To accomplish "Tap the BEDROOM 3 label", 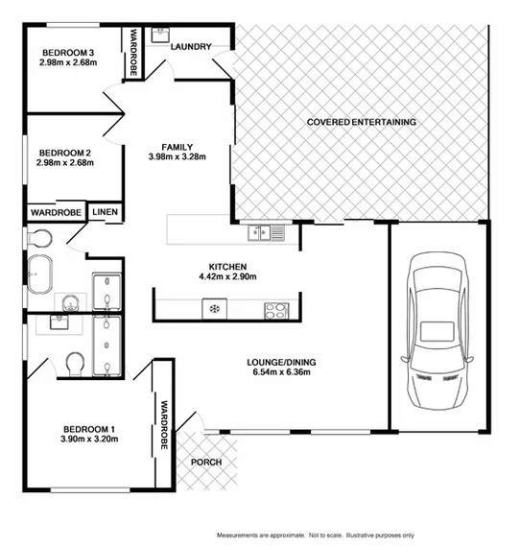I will (67, 53).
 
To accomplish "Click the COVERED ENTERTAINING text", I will (361, 122).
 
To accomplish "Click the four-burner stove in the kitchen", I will (276, 309).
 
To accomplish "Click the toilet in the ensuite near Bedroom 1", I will (75, 363).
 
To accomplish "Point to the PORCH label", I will (206, 462).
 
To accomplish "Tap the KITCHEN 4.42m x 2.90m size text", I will (228, 277).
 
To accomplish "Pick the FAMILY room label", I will (177, 147).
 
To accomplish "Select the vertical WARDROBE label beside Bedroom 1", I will (164, 424).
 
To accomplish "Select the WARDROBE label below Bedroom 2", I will (55, 211).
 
